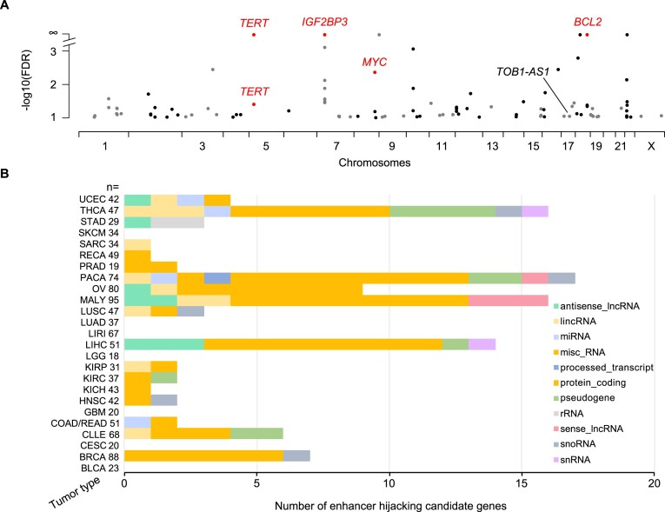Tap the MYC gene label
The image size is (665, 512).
pos(374,62)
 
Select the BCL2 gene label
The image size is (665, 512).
pos(588,21)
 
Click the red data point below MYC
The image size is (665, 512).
pos(374,72)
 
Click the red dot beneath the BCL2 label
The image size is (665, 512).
pos(588,35)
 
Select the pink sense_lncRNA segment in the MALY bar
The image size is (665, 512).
pos(509,300)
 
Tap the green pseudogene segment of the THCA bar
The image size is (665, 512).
pos(442,211)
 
